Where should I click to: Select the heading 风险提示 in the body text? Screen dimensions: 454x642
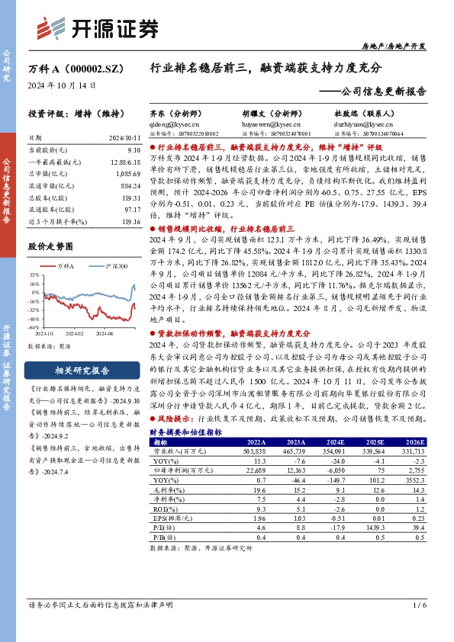click(x=177, y=418)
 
